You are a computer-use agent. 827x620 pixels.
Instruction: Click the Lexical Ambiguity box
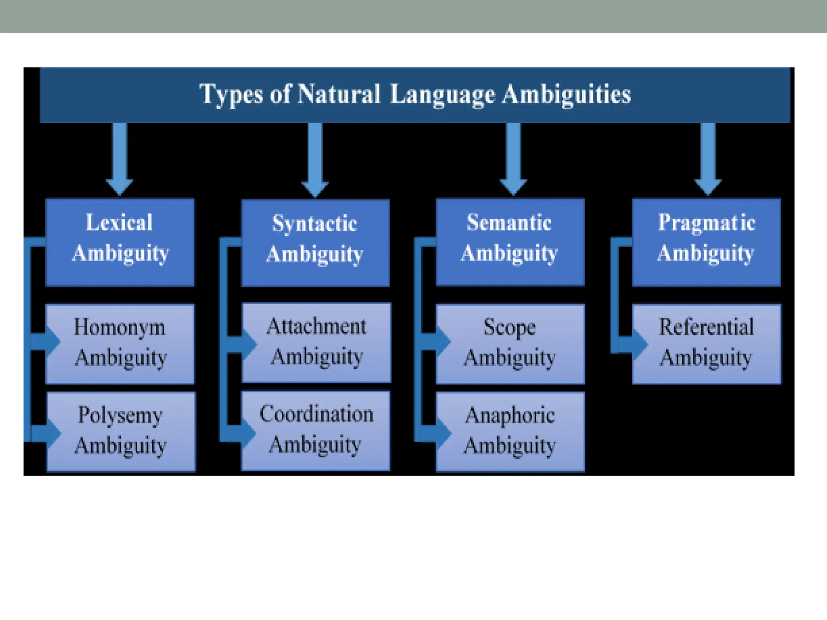tap(120, 242)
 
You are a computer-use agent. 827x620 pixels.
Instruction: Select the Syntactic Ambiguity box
tap(315, 243)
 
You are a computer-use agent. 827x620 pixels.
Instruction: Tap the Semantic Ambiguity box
tap(510, 242)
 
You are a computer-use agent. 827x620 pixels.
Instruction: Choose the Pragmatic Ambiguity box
tap(706, 242)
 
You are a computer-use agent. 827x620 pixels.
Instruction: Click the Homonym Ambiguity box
tap(120, 344)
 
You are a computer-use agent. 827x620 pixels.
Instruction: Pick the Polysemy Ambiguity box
tap(121, 431)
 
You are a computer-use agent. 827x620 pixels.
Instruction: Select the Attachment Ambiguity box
tap(316, 342)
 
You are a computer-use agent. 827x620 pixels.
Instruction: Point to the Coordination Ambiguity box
tap(316, 430)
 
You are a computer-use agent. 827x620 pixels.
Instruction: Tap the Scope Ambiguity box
tap(510, 344)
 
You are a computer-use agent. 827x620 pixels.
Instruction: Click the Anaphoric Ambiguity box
tap(510, 431)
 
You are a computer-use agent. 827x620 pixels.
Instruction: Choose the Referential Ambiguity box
tap(706, 344)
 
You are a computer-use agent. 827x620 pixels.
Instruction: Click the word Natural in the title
tap(339, 94)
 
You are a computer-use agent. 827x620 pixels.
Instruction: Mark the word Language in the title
tap(443, 95)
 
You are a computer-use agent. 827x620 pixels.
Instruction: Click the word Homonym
tap(120, 327)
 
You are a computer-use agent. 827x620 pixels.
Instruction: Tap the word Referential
tap(706, 327)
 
